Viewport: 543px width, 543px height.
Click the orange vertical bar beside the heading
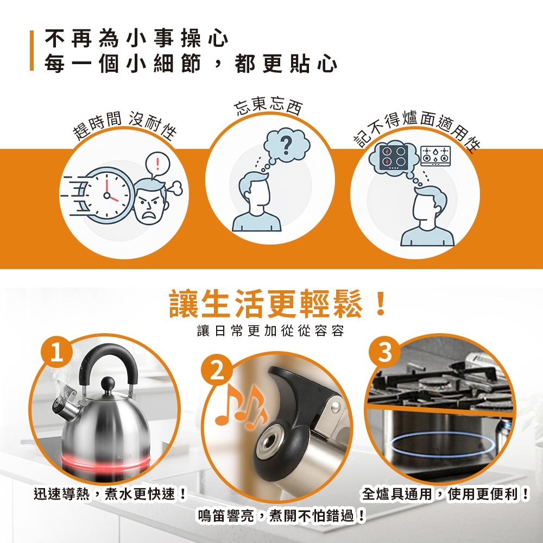(31, 51)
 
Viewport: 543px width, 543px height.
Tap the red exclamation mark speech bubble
(157, 164)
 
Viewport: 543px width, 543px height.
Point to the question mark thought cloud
(286, 146)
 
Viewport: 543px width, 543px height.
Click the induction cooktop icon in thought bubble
(393, 157)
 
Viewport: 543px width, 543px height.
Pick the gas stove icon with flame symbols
(435, 155)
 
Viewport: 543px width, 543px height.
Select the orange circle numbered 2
(217, 371)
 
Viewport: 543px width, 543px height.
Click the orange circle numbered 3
(385, 352)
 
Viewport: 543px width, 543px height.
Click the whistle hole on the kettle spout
(268, 441)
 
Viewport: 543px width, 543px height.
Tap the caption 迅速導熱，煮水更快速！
(110, 494)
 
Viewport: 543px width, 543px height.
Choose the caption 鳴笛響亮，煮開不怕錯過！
(281, 516)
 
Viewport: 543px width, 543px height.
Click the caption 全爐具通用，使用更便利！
(446, 494)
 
